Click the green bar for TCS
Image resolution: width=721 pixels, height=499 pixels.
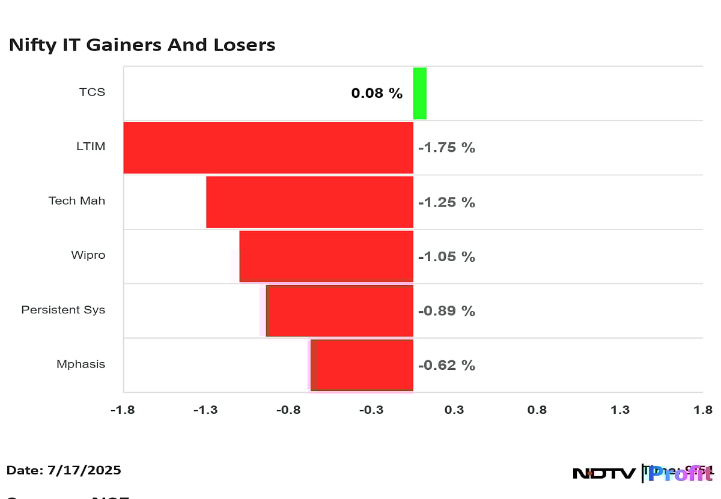coord(420,93)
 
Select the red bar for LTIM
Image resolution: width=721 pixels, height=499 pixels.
coord(268,148)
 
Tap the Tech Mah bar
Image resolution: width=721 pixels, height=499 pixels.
coord(309,202)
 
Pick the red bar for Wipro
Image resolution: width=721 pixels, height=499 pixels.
coord(326,256)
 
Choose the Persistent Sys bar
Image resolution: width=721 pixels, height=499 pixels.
coord(340,311)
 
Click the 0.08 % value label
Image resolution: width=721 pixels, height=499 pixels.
coord(377,93)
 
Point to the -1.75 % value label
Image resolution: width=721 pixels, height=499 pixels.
coord(446,148)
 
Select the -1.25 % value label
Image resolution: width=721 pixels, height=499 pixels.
coord(446,202)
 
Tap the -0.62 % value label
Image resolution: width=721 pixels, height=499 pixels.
coord(446,365)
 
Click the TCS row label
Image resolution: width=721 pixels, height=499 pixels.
coord(92,92)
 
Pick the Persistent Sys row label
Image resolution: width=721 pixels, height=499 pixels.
coord(63,310)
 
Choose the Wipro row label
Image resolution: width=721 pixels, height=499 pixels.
coord(88,255)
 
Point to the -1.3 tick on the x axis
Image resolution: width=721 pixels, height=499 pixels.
coord(205,410)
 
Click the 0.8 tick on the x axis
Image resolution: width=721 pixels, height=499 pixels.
coord(537,410)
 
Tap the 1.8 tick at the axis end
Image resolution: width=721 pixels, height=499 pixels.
coord(702,410)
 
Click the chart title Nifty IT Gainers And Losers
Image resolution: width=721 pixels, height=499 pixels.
coord(142,45)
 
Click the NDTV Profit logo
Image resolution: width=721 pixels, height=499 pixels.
coord(642,473)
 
